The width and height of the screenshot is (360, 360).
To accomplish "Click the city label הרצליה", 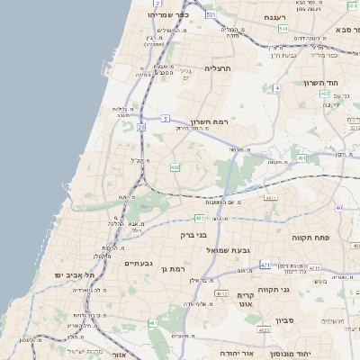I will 219,68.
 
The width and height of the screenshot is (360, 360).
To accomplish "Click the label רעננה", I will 274,16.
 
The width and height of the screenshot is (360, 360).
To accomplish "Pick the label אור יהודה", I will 237,354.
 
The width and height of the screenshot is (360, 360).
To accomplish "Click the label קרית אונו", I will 247,300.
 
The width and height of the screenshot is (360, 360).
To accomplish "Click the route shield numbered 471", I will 265,265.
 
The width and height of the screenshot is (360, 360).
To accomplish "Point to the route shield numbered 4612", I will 221,293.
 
